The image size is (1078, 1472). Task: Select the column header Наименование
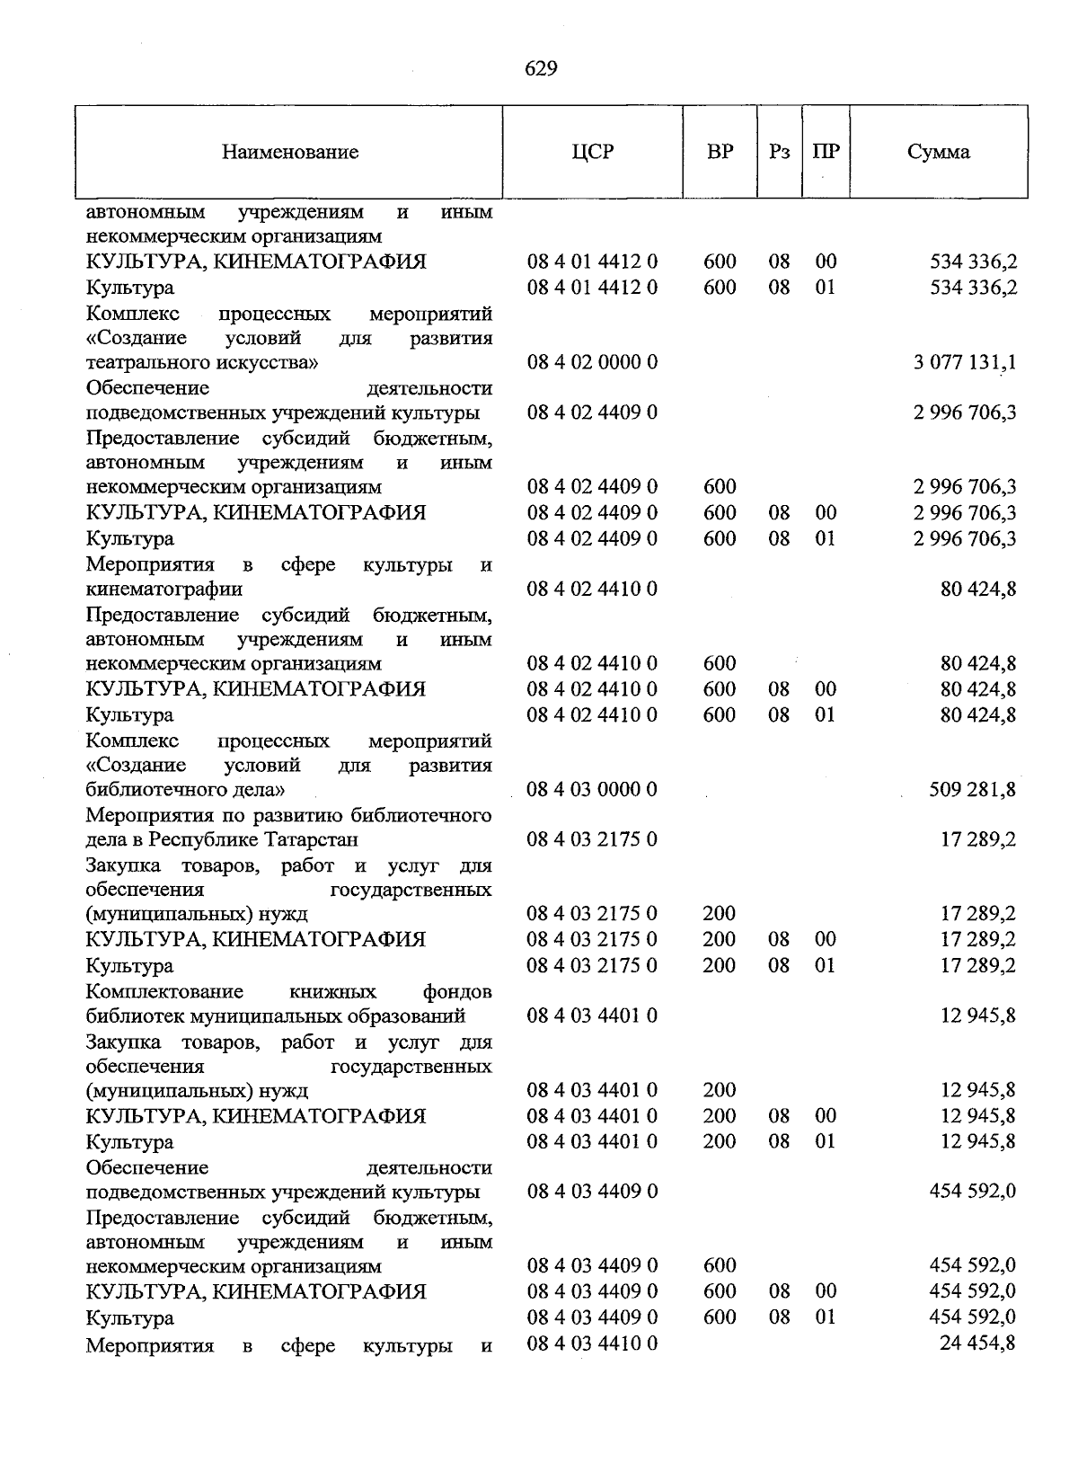tap(290, 152)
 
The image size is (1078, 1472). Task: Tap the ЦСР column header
tap(592, 151)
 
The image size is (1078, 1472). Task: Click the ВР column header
tap(720, 151)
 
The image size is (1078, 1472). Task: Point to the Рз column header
tap(779, 151)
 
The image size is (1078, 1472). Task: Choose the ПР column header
tap(826, 151)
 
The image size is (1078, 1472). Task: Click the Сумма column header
tap(938, 151)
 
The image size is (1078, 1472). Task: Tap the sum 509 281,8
tap(973, 789)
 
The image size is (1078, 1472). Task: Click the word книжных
tap(333, 992)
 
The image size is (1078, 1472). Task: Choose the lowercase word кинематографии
tap(164, 590)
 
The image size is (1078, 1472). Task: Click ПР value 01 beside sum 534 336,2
tap(826, 288)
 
